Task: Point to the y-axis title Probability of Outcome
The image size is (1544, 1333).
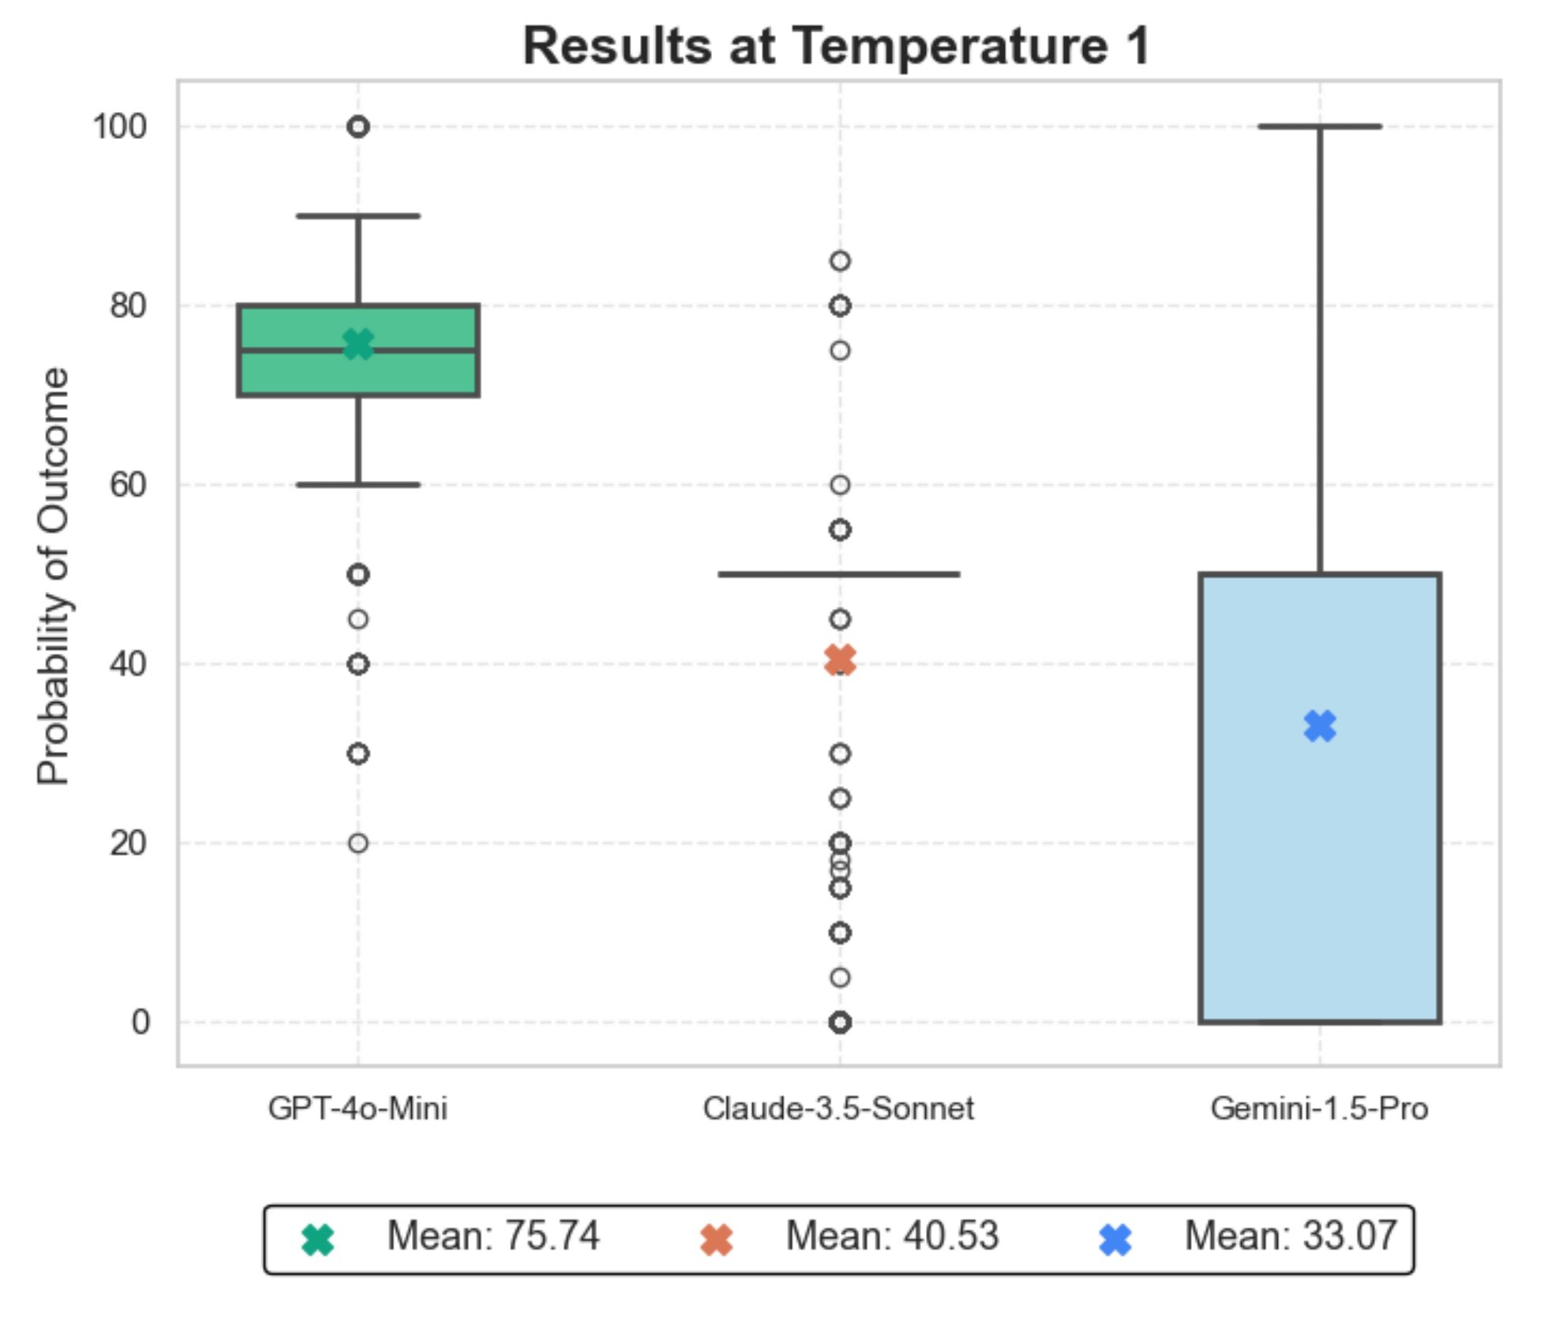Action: tap(54, 576)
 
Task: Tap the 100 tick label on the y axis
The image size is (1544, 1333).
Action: tap(120, 126)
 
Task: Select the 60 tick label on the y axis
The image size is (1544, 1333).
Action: tap(129, 484)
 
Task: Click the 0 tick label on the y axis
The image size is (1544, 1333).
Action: tap(140, 1022)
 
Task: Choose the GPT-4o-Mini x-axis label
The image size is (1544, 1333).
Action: tap(358, 1109)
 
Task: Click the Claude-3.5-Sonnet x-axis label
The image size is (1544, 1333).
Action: tap(838, 1109)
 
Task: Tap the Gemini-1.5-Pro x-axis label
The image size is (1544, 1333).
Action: tap(1319, 1109)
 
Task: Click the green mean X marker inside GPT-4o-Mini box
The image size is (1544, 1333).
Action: tap(358, 344)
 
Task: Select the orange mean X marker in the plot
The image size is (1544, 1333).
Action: tap(840, 659)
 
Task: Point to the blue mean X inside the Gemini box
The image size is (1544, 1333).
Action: tap(1320, 726)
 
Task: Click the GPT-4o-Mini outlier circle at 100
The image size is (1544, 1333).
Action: tap(358, 126)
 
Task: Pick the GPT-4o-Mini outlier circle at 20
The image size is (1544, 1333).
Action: tap(358, 843)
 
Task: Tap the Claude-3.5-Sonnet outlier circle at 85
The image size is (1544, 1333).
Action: tap(840, 261)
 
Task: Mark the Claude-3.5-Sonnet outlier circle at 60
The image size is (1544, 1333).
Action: tap(840, 485)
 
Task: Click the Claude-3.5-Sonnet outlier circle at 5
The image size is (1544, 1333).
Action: tap(840, 978)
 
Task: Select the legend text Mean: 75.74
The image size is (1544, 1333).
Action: tap(493, 1236)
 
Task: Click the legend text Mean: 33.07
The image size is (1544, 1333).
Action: tap(1291, 1236)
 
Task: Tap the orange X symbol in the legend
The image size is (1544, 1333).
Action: tap(717, 1239)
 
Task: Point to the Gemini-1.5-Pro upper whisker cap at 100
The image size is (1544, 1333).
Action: tap(1319, 126)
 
